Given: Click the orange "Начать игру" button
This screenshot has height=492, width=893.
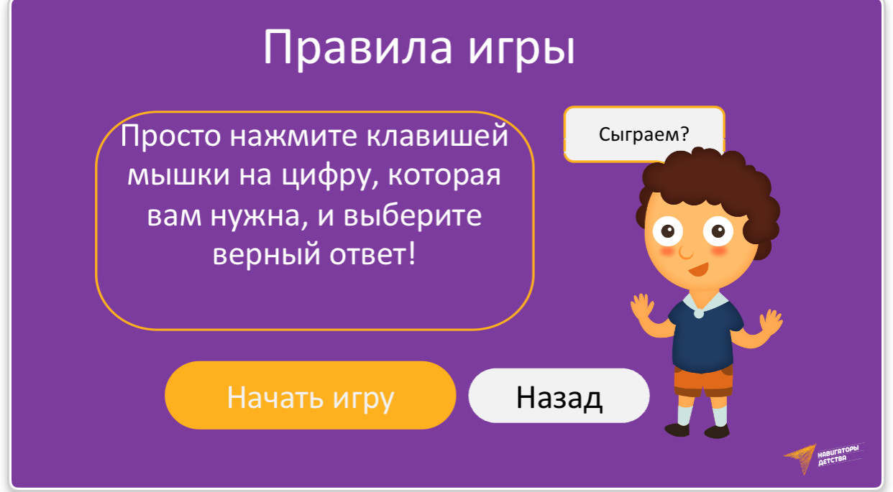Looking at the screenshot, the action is [310, 395].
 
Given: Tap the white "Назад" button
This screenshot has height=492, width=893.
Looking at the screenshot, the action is [559, 396].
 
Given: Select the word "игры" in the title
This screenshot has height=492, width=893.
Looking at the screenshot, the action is [521, 50].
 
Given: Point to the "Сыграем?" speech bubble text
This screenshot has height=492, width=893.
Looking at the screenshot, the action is [644, 134].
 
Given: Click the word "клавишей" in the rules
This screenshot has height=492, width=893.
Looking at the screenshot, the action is [437, 136].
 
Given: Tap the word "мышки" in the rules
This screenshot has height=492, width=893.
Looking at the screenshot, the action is [178, 175].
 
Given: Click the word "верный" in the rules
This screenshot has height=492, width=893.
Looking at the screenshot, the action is [266, 255].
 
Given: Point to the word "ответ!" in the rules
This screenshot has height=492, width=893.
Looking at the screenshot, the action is [372, 254].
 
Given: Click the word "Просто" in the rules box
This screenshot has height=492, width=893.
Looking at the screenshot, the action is [170, 136].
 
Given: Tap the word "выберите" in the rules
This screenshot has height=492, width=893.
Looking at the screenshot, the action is [413, 215].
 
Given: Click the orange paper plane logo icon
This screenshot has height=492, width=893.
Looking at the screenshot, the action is [800, 458].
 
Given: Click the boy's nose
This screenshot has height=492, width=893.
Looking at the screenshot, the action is [686, 253].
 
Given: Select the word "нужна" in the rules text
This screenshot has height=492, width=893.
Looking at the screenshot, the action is [259, 216].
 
